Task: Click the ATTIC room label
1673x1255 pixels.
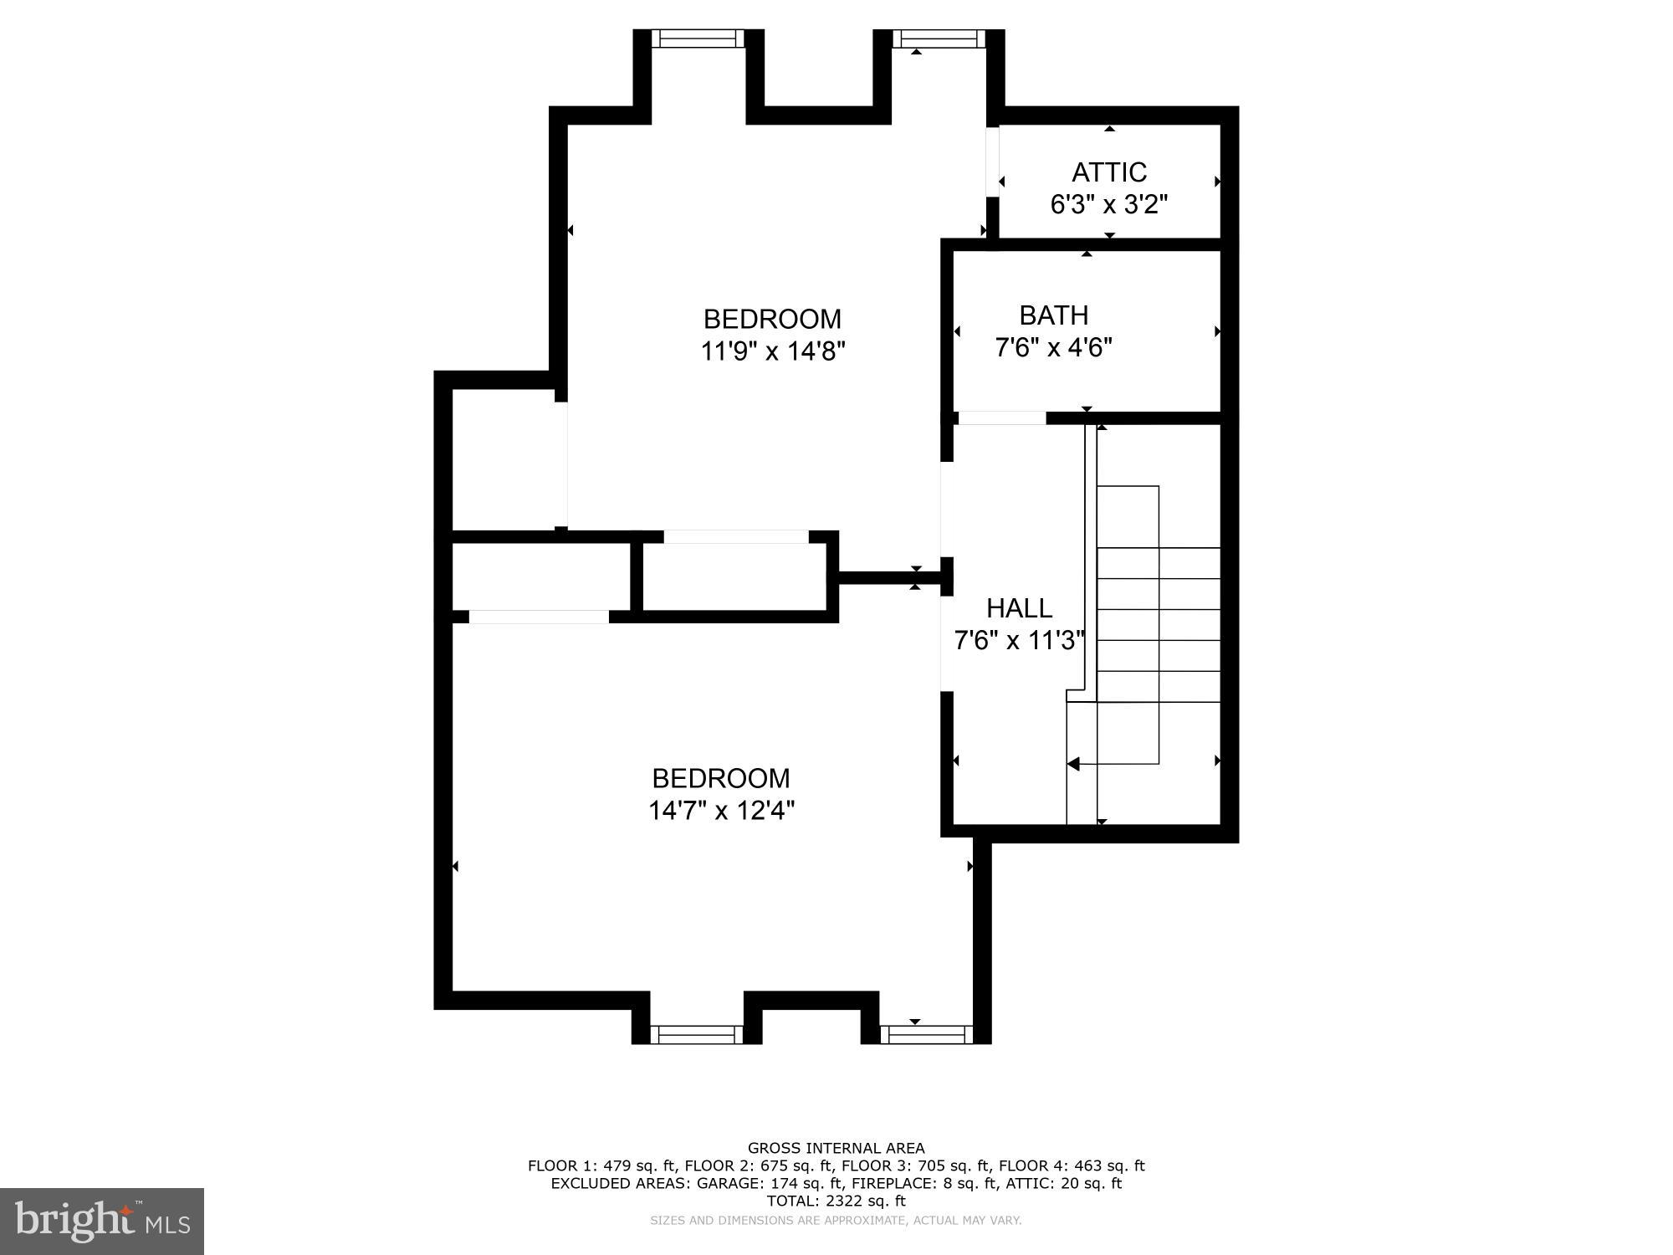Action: click(x=1108, y=172)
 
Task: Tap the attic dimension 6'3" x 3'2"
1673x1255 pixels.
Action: click(x=1108, y=204)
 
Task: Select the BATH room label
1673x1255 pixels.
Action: click(x=1053, y=315)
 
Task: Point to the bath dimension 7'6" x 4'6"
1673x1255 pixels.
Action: click(x=1053, y=347)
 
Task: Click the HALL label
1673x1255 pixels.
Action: click(x=1019, y=608)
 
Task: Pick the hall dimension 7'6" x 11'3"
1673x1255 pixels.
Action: click(x=1019, y=641)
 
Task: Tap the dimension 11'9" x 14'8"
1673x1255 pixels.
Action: click(x=772, y=351)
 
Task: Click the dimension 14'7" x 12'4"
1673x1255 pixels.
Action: click(x=721, y=811)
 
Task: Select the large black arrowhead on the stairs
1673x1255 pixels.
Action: click(x=1073, y=763)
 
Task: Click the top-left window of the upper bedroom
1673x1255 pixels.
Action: click(x=698, y=38)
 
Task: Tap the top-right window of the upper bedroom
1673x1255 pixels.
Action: click(x=939, y=38)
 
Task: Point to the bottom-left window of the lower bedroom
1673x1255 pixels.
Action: click(x=697, y=1034)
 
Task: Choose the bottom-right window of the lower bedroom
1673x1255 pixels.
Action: click(x=927, y=1034)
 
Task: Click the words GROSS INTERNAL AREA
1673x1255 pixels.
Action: click(x=836, y=1148)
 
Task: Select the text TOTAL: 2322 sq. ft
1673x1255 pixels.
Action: click(x=836, y=1201)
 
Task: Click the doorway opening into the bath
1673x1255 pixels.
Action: click(x=1001, y=417)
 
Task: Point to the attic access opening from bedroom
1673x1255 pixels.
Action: click(x=993, y=161)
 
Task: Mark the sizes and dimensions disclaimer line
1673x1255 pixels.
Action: click(x=836, y=1221)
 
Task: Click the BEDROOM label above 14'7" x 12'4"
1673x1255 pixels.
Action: click(x=721, y=779)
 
